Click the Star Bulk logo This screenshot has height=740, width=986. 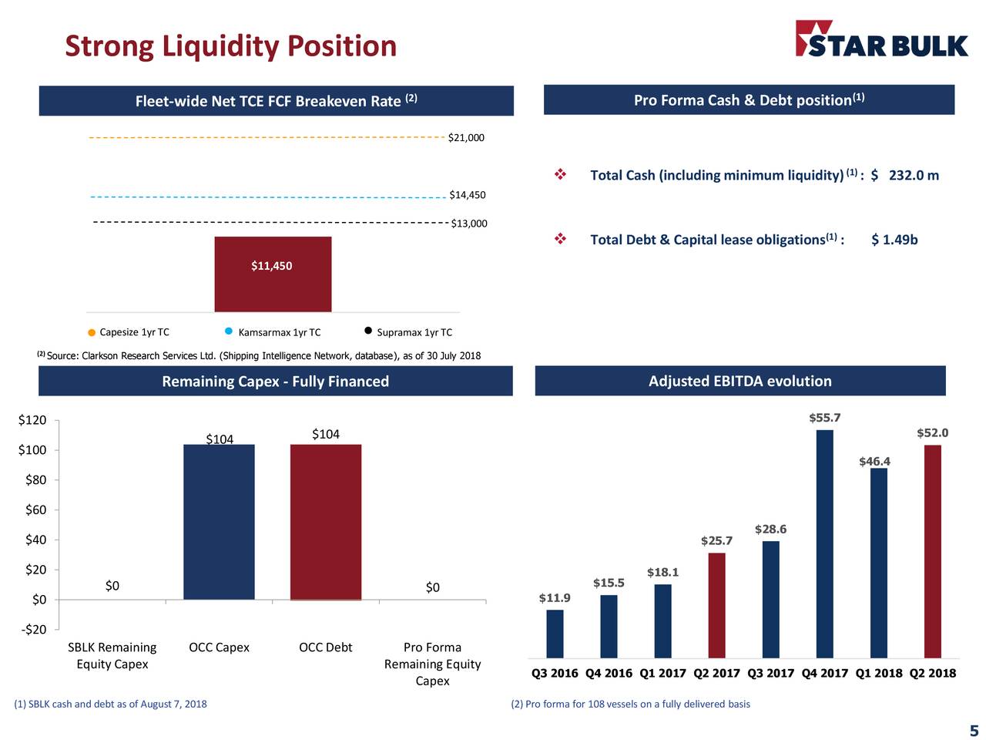pyautogui.click(x=881, y=39)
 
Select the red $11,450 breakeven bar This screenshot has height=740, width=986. pyautogui.click(x=273, y=274)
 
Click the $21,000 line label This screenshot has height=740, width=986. pyautogui.click(x=466, y=138)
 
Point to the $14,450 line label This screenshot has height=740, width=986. pyautogui.click(x=468, y=195)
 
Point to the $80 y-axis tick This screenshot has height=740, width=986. pyautogui.click(x=35, y=480)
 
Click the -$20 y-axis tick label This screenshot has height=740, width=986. pyautogui.click(x=32, y=630)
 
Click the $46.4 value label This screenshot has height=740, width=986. pyautogui.click(x=874, y=462)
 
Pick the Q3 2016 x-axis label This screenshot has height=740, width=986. pyautogui.click(x=555, y=673)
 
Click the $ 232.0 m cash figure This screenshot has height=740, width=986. pyautogui.click(x=905, y=176)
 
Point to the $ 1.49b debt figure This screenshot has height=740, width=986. pyautogui.click(x=894, y=240)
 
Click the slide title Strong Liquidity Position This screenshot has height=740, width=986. pyautogui.click(x=230, y=46)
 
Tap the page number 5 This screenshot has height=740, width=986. pyautogui.click(x=974, y=731)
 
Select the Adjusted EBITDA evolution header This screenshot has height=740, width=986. pyautogui.click(x=739, y=381)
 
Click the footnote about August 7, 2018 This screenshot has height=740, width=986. pyautogui.click(x=110, y=704)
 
